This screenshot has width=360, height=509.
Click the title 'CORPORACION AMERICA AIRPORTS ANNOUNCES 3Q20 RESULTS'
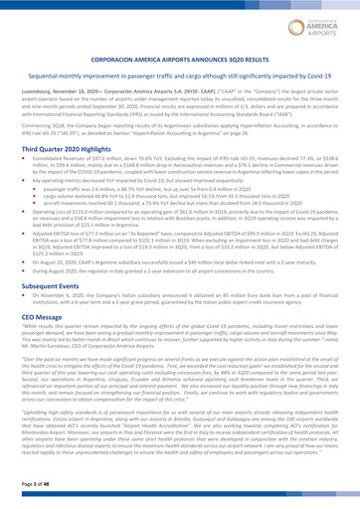pos(180,62)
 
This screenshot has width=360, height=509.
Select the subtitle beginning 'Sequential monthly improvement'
pos(180,78)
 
